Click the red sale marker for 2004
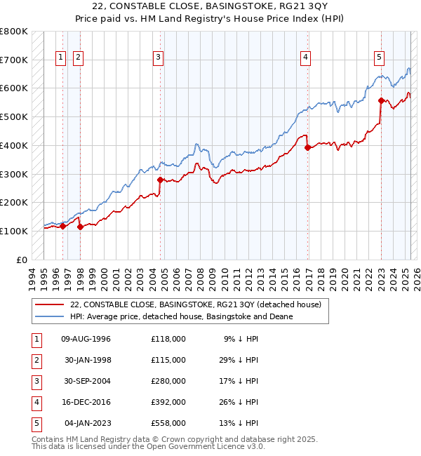tap(161, 180)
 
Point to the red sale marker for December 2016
tap(307, 147)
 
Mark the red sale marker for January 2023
tap(381, 100)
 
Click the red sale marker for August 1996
tap(63, 226)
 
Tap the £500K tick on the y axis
tap(14, 116)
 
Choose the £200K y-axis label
tap(14, 202)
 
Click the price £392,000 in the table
tap(168, 402)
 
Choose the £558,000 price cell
tap(168, 423)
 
